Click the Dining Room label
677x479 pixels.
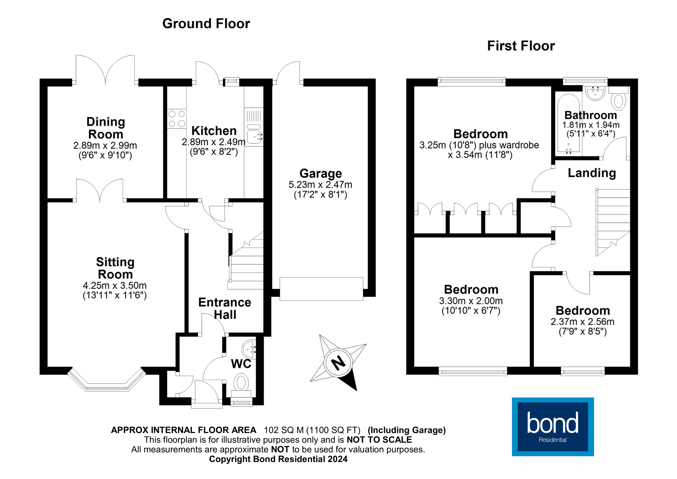tap(106, 128)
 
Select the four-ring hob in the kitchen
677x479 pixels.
tap(177, 119)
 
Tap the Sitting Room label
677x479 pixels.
tap(115, 268)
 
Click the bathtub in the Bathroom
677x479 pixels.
tap(569, 124)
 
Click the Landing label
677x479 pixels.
tap(592, 173)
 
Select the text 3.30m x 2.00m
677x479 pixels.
tap(471, 301)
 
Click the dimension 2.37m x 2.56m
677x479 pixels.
tap(582, 322)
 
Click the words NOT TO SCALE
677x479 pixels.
tap(379, 440)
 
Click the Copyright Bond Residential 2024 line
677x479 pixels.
tap(278, 459)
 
